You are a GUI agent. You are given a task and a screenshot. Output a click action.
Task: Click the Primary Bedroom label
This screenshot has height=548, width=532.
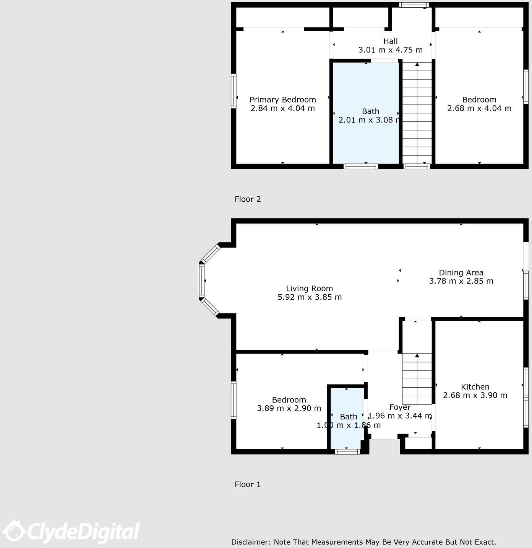[282, 100]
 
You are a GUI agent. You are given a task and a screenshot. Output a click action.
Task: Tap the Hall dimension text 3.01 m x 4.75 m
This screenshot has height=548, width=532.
[390, 50]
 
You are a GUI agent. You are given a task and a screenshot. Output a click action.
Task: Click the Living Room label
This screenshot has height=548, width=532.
[309, 289]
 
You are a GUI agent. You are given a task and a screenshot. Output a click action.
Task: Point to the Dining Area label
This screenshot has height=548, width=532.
[461, 272]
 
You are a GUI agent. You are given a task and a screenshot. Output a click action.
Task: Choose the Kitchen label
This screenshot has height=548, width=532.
[475, 387]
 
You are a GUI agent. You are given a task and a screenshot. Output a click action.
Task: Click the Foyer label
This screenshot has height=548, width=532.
[400, 407]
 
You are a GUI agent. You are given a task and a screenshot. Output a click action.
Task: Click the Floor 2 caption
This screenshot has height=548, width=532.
[248, 199]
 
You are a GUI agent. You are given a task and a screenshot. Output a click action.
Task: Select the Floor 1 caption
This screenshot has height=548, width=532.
[248, 484]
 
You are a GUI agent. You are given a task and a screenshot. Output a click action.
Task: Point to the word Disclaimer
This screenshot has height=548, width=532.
[250, 542]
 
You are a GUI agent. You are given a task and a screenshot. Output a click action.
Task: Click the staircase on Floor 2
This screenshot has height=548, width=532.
[417, 115]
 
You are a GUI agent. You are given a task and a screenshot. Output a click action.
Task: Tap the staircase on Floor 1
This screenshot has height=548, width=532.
[417, 379]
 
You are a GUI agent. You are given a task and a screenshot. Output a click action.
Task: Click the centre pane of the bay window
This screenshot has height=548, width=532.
[202, 281]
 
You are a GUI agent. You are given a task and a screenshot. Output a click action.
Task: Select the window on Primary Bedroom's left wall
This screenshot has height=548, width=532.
[234, 91]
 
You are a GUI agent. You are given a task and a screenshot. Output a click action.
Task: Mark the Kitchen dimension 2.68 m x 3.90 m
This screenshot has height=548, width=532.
[475, 395]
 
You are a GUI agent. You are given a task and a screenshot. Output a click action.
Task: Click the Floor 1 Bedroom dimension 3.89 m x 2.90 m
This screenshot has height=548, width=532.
[289, 408]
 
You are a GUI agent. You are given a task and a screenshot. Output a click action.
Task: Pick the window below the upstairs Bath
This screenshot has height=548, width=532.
[360, 166]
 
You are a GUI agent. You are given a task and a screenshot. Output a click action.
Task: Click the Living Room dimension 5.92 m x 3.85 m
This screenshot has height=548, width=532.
[309, 297]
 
